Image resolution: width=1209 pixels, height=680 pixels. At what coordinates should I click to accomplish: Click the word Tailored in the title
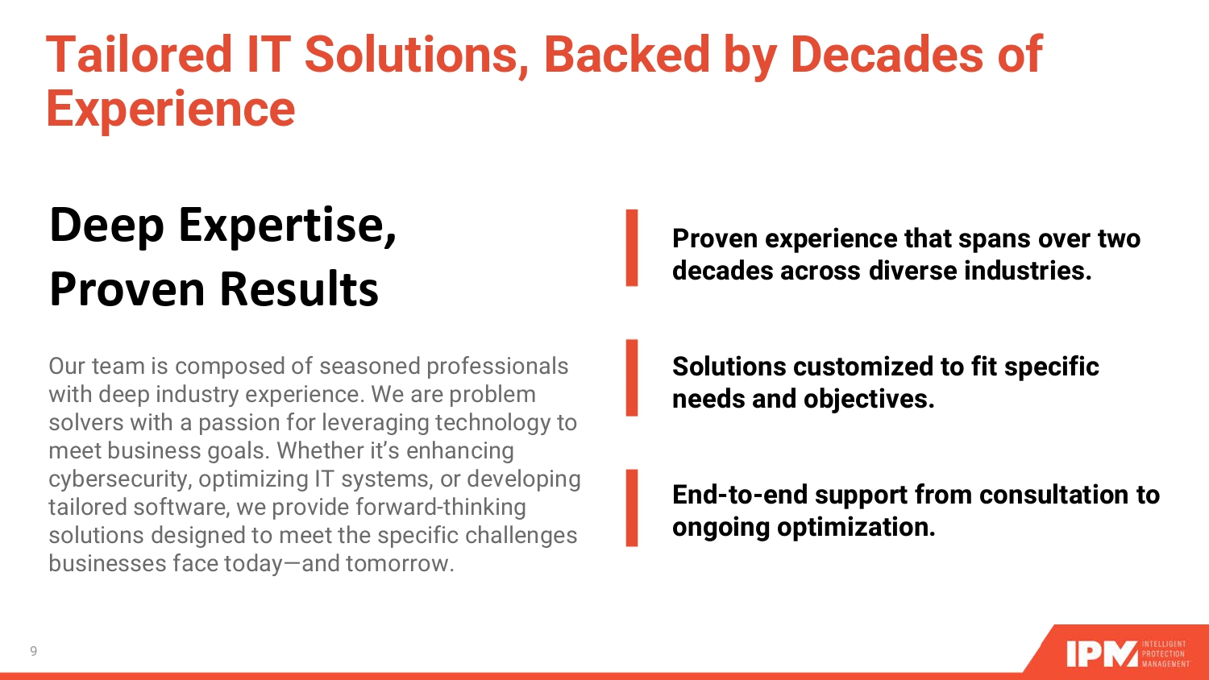point(139,54)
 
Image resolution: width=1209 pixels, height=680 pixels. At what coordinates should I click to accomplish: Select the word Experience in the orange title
point(171,110)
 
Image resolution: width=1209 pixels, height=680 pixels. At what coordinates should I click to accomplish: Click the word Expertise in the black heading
point(288,226)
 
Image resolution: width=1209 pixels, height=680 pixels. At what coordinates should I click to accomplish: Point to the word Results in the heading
point(300,289)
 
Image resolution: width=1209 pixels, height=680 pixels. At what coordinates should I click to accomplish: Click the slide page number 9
point(34,651)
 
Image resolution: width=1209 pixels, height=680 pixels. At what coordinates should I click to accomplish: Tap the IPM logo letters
point(1103,654)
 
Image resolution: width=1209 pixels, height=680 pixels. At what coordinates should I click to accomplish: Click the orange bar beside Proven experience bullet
point(632,247)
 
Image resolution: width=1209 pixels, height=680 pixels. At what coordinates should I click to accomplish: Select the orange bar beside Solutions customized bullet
point(632,378)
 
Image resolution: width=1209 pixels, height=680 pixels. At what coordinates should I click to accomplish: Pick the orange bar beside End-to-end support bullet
point(632,508)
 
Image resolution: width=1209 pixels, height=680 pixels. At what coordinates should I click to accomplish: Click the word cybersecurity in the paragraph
point(120,479)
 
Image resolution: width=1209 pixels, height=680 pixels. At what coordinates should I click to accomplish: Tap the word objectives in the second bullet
point(869,400)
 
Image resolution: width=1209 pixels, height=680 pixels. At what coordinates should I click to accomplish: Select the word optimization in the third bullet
point(857,528)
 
